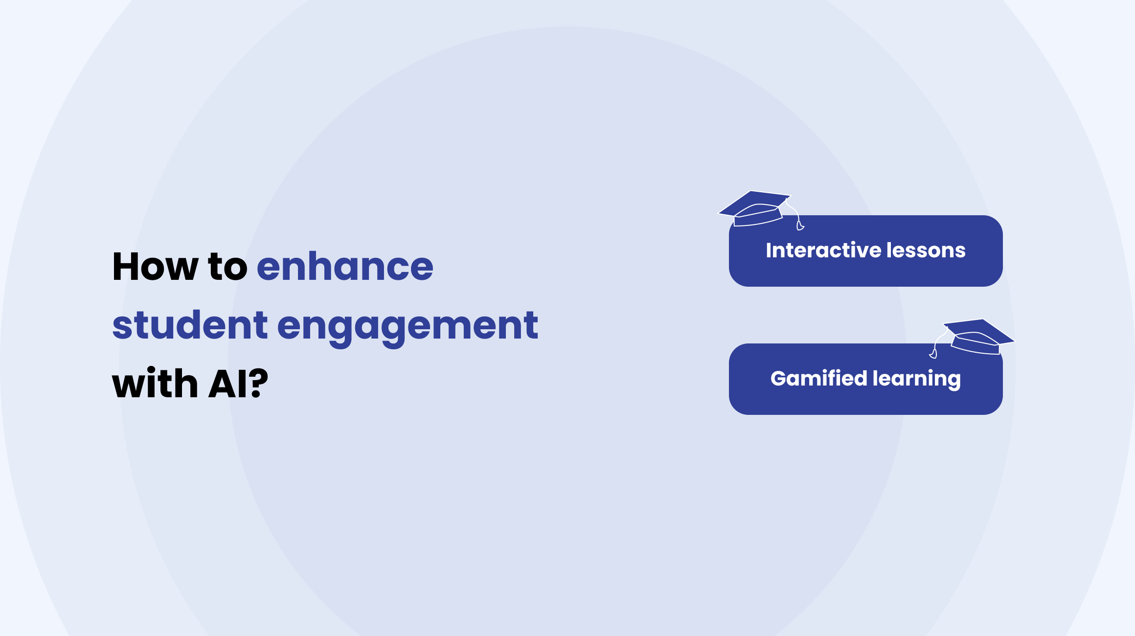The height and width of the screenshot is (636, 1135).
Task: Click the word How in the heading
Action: [156, 267]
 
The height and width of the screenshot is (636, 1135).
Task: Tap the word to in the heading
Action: [228, 267]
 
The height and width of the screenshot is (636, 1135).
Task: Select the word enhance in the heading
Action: [345, 267]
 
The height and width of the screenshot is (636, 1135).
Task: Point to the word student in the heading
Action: [190, 325]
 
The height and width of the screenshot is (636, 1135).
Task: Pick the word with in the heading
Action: [155, 383]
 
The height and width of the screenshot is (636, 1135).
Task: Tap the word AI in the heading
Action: [227, 384]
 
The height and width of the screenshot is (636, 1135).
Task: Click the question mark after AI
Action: [258, 384]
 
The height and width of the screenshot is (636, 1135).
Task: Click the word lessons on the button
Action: [926, 250]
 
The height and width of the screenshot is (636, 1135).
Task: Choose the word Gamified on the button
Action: [818, 378]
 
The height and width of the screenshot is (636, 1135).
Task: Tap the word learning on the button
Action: [917, 380]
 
